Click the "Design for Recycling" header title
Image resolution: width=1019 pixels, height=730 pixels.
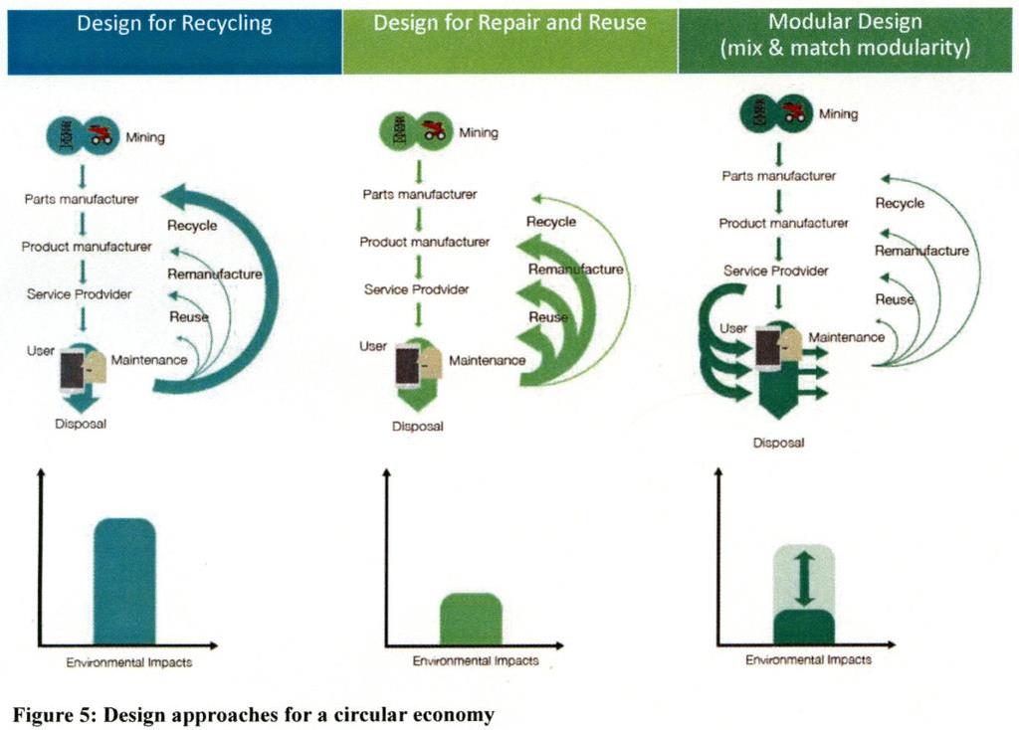[x=174, y=24]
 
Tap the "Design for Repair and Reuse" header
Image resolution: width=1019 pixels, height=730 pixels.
[x=509, y=23]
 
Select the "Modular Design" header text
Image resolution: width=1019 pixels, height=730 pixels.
[x=845, y=22]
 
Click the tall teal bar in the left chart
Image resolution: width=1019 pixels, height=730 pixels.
[x=124, y=581]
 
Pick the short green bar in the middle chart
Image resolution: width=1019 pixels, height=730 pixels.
[x=471, y=619]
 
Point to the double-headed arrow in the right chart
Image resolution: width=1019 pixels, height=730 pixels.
[x=804, y=579]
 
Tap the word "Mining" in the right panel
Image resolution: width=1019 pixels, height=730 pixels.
[x=838, y=114]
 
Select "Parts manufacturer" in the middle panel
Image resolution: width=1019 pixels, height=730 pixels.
[x=420, y=194]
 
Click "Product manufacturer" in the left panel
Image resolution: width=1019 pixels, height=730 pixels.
[x=87, y=247]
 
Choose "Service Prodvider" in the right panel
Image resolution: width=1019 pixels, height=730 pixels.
[x=776, y=271]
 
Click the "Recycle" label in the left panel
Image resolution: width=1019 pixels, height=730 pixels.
[x=192, y=226]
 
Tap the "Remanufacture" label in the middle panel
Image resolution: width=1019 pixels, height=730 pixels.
[x=576, y=269]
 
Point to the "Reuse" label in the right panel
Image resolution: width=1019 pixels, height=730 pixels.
[x=895, y=299]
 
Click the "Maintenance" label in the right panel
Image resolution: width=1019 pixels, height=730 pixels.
[x=847, y=337]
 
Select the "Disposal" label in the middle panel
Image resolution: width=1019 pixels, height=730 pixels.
[x=418, y=427]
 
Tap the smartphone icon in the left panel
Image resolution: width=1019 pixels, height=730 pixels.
[x=72, y=372]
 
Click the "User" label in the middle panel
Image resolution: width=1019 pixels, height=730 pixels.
[x=373, y=346]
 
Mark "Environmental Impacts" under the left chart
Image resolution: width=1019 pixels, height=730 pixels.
[x=129, y=662]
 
